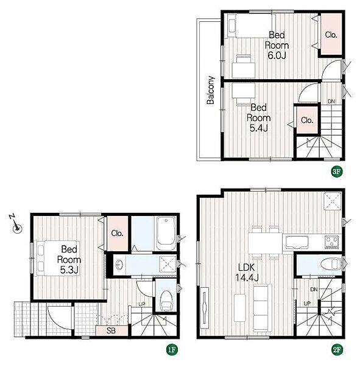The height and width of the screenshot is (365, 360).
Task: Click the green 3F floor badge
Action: coord(337,172)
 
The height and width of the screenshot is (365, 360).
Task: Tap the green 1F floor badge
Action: coord(172,349)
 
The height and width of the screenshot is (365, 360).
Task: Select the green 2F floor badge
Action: coord(337,349)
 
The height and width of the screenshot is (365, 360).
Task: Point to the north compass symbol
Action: coord(16,223)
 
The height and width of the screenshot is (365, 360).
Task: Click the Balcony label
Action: coord(211,90)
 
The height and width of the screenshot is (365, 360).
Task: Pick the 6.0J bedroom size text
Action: coord(277,55)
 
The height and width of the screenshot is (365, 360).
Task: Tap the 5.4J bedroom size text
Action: coord(258,128)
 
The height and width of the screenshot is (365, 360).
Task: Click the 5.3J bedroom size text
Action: coord(69,269)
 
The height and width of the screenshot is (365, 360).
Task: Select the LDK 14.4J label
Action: coord(247,273)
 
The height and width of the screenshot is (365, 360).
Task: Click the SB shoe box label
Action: coord(111,330)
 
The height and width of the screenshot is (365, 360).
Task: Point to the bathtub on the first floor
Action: coord(166,234)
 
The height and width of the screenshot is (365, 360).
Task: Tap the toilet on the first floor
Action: coord(166,301)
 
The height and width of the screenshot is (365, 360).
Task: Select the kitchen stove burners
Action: coord(332,242)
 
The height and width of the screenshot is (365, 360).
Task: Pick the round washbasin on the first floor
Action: coord(119,265)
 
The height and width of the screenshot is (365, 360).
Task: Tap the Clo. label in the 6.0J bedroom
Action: coord(331,35)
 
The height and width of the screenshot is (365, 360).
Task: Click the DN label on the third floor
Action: coord(331,101)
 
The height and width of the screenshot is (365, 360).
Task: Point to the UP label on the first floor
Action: coord(142,304)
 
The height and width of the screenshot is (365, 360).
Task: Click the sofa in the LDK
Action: coord(263,308)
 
